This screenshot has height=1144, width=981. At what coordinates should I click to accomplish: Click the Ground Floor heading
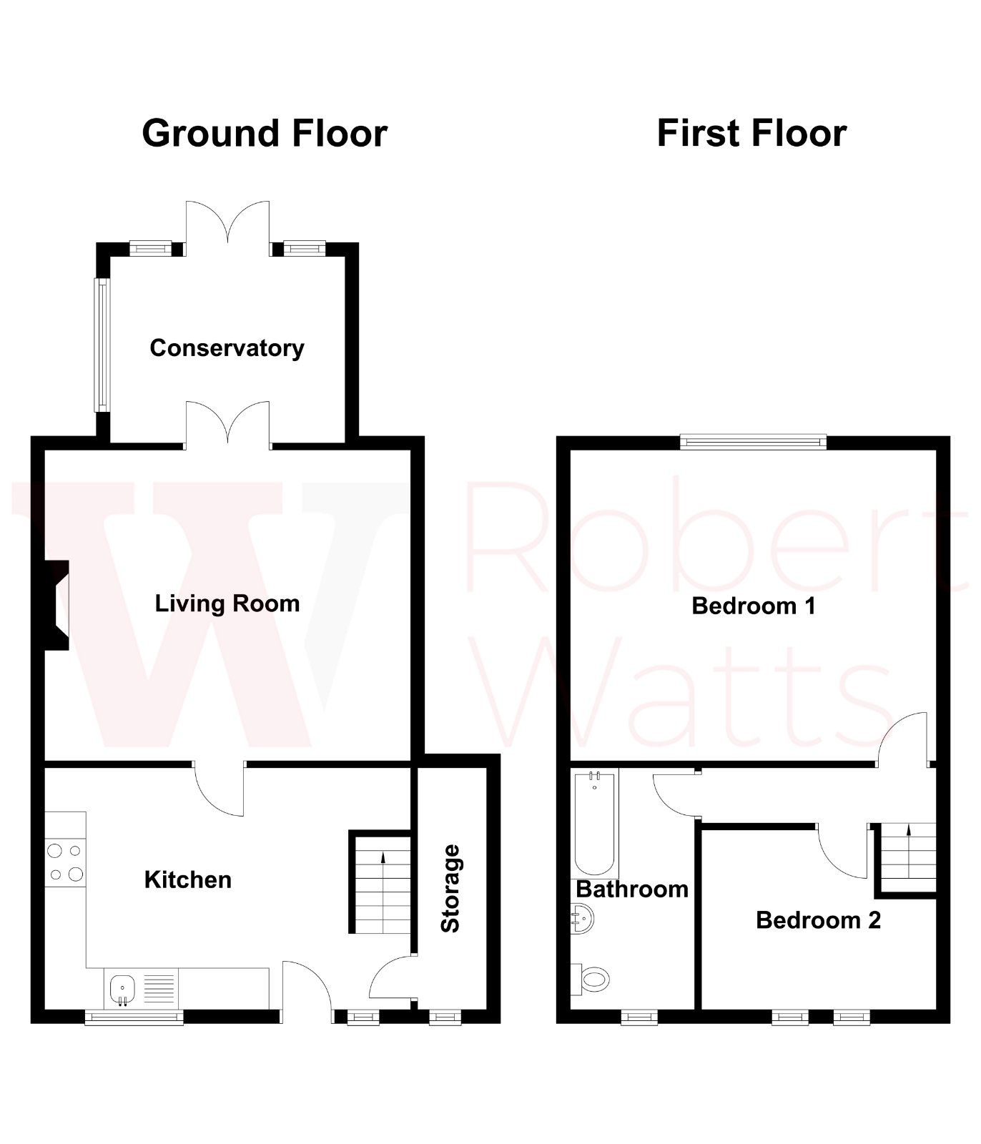click(265, 134)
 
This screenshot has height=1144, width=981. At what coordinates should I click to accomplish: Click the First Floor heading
click(751, 134)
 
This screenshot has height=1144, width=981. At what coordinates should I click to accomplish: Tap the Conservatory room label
click(227, 348)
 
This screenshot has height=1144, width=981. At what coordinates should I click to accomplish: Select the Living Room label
click(227, 603)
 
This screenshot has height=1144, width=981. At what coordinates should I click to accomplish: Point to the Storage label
click(450, 888)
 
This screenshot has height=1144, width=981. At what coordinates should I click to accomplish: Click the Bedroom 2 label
click(818, 919)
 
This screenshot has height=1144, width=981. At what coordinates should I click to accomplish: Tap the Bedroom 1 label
click(754, 606)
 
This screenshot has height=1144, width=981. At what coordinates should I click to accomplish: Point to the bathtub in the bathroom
click(595, 823)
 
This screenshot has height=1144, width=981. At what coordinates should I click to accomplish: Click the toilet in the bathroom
click(591, 979)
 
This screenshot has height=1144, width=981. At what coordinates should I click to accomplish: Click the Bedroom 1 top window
click(753, 442)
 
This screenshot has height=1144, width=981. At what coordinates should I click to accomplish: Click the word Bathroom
click(632, 889)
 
